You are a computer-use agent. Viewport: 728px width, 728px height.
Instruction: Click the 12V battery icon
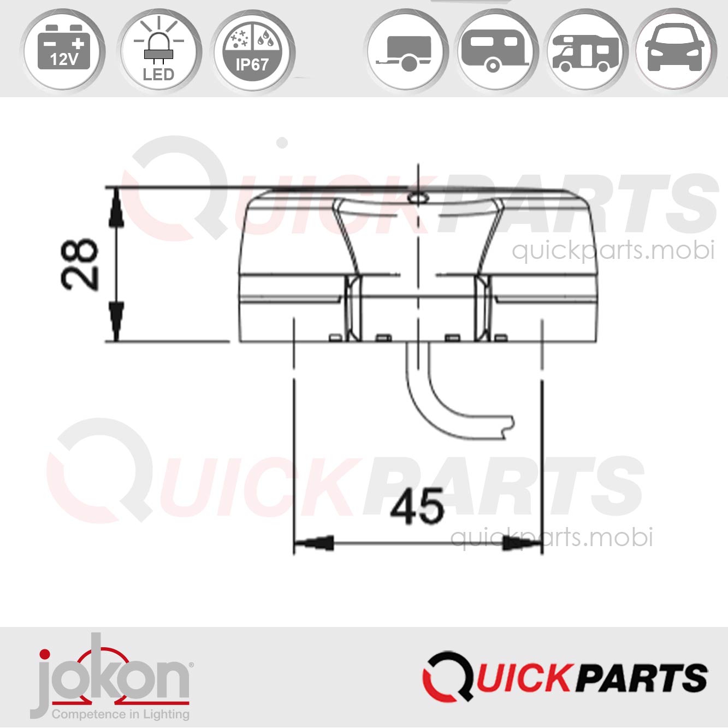64,50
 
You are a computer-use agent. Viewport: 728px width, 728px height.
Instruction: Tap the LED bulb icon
158,51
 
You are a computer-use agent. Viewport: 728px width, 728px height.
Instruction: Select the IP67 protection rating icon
252,51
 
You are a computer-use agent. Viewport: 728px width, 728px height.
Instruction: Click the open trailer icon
406,51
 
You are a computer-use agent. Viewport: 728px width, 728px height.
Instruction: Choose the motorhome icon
586,51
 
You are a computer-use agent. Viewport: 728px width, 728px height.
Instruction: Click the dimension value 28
80,264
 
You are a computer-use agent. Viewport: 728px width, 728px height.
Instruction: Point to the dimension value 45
417,506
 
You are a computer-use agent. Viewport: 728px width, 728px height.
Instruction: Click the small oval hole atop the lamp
418,197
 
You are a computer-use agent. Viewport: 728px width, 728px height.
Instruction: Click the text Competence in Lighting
120,714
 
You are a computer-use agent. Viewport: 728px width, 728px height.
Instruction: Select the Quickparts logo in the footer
565,677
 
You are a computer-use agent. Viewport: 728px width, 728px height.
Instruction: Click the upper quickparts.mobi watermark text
613,250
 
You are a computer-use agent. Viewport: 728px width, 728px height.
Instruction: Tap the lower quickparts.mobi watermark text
552,537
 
